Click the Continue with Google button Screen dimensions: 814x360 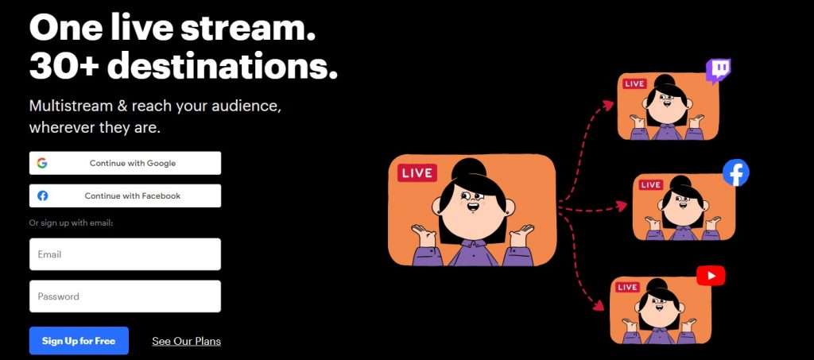pyautogui.click(x=125, y=163)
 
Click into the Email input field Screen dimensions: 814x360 pyautogui.click(x=125, y=254)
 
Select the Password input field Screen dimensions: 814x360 pyautogui.click(x=125, y=296)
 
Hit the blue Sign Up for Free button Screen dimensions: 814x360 pyautogui.click(x=79, y=341)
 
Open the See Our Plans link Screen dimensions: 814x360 pyautogui.click(x=186, y=342)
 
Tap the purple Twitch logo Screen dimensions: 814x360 pyautogui.click(x=719, y=71)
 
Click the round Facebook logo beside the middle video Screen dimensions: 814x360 pyautogui.click(x=736, y=173)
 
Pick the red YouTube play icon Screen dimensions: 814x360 pyautogui.click(x=711, y=276)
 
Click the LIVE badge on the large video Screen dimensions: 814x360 pyautogui.click(x=417, y=173)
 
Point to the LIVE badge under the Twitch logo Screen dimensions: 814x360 pyautogui.click(x=634, y=83)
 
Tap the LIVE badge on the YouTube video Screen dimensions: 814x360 pyautogui.click(x=628, y=287)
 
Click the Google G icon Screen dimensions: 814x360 pyautogui.click(x=42, y=163)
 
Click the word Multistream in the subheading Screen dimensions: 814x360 pyautogui.click(x=71, y=106)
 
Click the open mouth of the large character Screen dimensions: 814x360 pyautogui.click(x=473, y=207)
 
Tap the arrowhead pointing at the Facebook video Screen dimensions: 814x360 pyautogui.click(x=622, y=206)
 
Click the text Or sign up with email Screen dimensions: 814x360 pyautogui.click(x=71, y=223)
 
